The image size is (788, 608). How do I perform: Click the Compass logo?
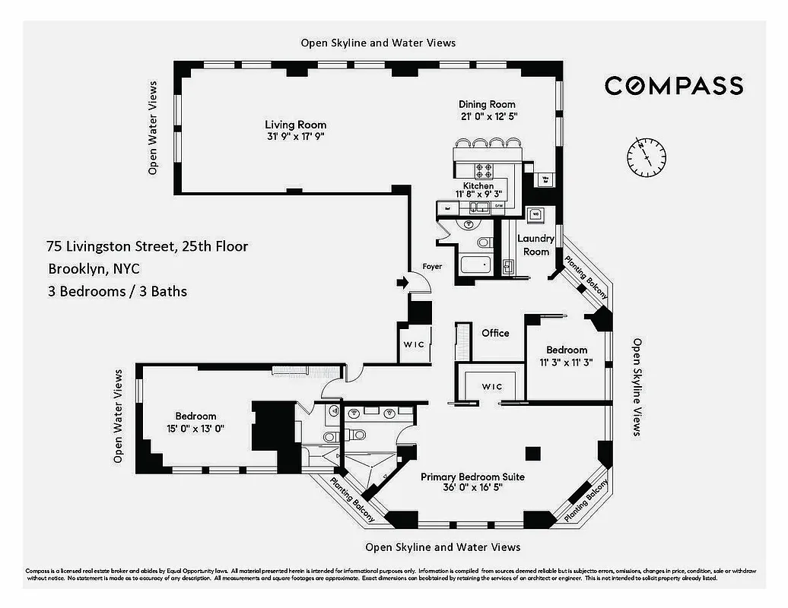click(673, 85)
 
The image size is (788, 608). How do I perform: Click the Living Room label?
click(295, 125)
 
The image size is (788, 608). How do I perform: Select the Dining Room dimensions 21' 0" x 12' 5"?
click(487, 116)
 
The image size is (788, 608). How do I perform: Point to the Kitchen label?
click(478, 185)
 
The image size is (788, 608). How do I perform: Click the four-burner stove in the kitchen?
click(484, 170)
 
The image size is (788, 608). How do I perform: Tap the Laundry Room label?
click(536, 245)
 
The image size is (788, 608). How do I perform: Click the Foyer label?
click(432, 267)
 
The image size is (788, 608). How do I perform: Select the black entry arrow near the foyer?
click(402, 283)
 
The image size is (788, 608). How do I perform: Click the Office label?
click(495, 333)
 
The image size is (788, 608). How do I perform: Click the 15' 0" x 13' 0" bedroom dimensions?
click(195, 428)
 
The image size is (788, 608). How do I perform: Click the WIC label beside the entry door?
click(414, 344)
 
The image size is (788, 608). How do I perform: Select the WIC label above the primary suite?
click(492, 387)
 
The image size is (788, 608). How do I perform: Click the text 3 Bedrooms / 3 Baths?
click(117, 291)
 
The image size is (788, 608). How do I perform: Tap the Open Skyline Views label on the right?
click(637, 388)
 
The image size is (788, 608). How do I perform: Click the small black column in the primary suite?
click(533, 453)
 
